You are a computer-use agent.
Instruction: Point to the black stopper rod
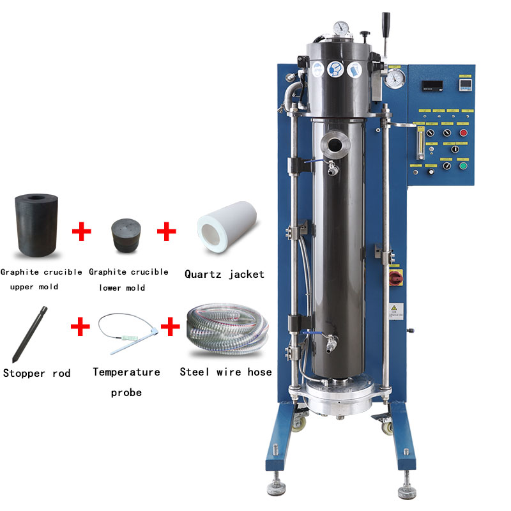coord(29,333)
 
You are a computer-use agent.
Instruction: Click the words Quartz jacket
coord(224,274)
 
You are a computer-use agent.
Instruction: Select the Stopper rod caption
coord(36,372)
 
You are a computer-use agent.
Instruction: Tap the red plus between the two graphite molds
coord(82,231)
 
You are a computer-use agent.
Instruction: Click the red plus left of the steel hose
coord(170,328)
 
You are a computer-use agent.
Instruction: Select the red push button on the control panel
coord(464,132)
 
